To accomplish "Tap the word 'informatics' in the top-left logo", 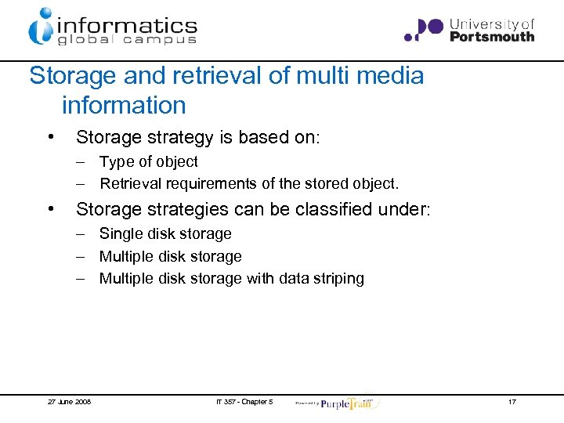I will pyautogui.click(x=125, y=25).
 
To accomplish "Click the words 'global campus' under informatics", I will pyautogui.click(x=126, y=41).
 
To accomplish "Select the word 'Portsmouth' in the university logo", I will pyautogui.click(x=492, y=36).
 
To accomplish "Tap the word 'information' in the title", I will pyautogui.click(x=124, y=105).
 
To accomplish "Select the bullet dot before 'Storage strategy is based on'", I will pyautogui.click(x=50, y=138).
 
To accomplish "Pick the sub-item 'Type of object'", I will pyautogui.click(x=148, y=161).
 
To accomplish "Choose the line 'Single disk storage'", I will pyautogui.click(x=165, y=233).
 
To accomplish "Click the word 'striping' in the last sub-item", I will pyautogui.click(x=338, y=279).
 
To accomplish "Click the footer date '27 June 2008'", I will pyautogui.click(x=69, y=402).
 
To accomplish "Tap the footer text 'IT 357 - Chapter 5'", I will pyautogui.click(x=244, y=402).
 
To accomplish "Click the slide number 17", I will pyautogui.click(x=512, y=402).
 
